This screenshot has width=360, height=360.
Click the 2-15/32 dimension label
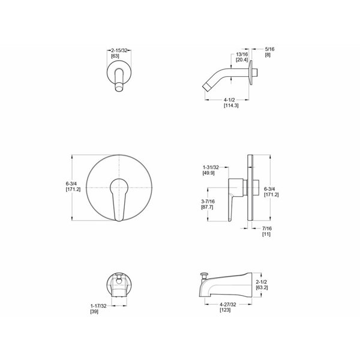[x=119, y=50]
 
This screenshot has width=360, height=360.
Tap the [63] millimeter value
[x=115, y=56]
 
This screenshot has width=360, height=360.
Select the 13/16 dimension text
[x=242, y=55]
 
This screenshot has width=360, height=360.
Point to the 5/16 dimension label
[x=269, y=49]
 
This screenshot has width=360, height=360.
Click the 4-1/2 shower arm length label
[x=229, y=100]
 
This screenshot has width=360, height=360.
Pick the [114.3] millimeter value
[x=231, y=106]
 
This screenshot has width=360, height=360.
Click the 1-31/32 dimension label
[x=211, y=167]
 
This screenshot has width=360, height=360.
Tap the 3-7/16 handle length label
[x=208, y=202]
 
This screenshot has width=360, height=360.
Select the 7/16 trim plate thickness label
[x=267, y=229]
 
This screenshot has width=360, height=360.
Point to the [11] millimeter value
[x=266, y=234]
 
